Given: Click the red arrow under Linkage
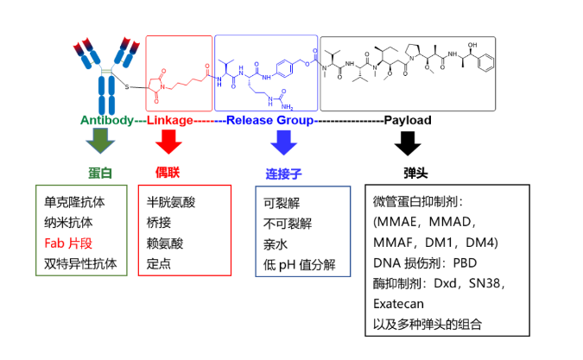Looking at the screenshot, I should point(168,140).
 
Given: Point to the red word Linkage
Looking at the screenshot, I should point(169,121).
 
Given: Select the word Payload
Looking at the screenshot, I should point(407,121).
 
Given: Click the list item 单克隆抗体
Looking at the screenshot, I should point(74,202).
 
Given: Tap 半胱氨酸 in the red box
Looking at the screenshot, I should point(172,202).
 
